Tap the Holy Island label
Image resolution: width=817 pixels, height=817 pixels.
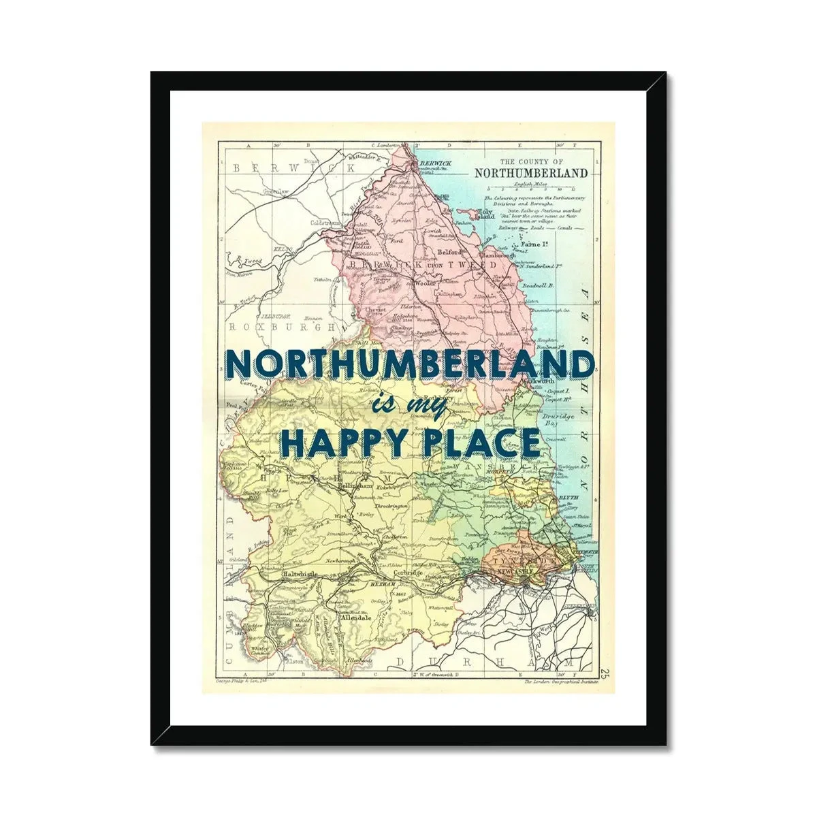[x=485, y=214]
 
